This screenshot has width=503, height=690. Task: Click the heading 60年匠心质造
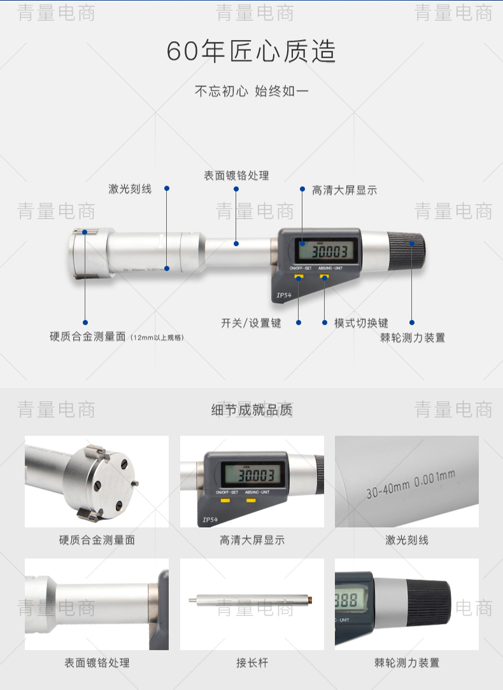click(x=251, y=51)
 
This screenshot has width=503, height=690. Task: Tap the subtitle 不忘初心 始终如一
click(x=251, y=91)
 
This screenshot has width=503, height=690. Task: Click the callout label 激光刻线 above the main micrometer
click(x=130, y=190)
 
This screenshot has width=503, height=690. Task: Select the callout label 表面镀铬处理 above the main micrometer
click(x=236, y=176)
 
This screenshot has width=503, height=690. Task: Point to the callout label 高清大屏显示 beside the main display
click(x=344, y=190)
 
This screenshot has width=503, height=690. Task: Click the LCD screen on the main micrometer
click(x=327, y=251)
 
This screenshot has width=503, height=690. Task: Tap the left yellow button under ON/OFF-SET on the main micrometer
click(x=299, y=277)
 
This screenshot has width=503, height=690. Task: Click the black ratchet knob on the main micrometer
click(x=407, y=251)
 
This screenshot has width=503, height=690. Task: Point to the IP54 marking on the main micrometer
click(x=283, y=295)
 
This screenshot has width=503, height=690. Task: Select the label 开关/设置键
click(x=251, y=324)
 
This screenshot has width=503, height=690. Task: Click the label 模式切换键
click(x=361, y=323)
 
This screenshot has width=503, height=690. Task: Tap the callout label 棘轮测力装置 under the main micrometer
click(x=412, y=338)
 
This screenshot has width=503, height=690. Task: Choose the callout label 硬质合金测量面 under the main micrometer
click(x=88, y=336)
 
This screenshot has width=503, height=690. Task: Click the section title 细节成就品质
click(x=251, y=410)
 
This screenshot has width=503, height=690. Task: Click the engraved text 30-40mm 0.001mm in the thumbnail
click(x=411, y=484)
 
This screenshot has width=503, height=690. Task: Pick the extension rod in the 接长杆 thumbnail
click(x=251, y=600)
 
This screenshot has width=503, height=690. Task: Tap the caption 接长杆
click(x=252, y=663)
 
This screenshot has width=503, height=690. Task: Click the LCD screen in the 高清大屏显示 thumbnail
click(x=253, y=474)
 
